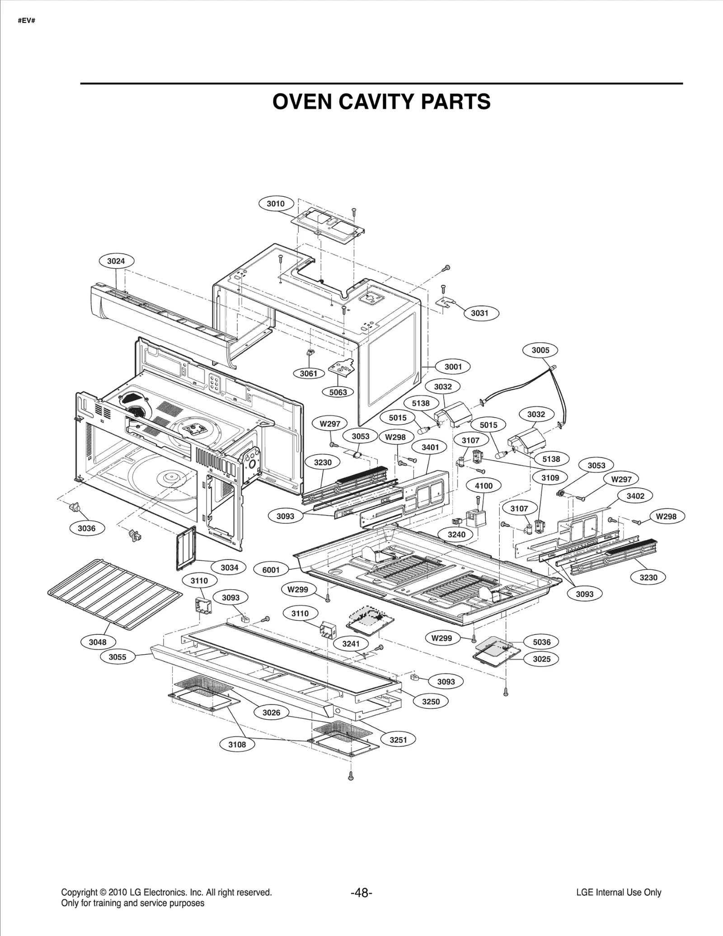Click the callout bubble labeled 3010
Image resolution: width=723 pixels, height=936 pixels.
point(276,204)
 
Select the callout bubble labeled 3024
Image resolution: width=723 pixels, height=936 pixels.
point(116,261)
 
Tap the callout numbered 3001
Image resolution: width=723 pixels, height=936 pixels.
point(453,367)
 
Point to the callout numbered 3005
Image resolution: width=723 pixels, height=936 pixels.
point(540,350)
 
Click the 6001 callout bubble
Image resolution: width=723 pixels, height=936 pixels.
point(271,570)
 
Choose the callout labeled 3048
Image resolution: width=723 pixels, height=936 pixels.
point(98,642)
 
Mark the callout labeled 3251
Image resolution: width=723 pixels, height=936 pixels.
point(398,740)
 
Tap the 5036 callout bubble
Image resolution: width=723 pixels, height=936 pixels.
point(541,642)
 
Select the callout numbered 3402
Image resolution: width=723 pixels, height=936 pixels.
point(635,496)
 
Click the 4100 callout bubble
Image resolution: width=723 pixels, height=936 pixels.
point(484,486)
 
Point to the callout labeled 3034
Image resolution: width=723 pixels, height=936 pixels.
point(229,568)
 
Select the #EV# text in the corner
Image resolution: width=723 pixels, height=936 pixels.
point(26,21)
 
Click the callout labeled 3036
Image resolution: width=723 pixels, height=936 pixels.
point(86,528)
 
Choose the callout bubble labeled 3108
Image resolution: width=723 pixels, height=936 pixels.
point(237,745)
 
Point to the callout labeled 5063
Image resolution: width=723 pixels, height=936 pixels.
point(338,392)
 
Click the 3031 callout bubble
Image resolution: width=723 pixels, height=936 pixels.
point(479,313)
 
